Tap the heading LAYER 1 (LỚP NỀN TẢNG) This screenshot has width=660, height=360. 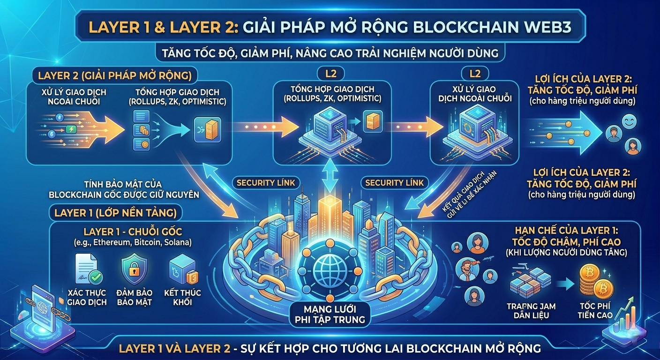tap(115, 213)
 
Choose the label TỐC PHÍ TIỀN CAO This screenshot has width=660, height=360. tap(596, 310)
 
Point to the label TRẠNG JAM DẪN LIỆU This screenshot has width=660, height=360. tap(531, 310)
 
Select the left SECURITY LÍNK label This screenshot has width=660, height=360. tap(266, 183)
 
